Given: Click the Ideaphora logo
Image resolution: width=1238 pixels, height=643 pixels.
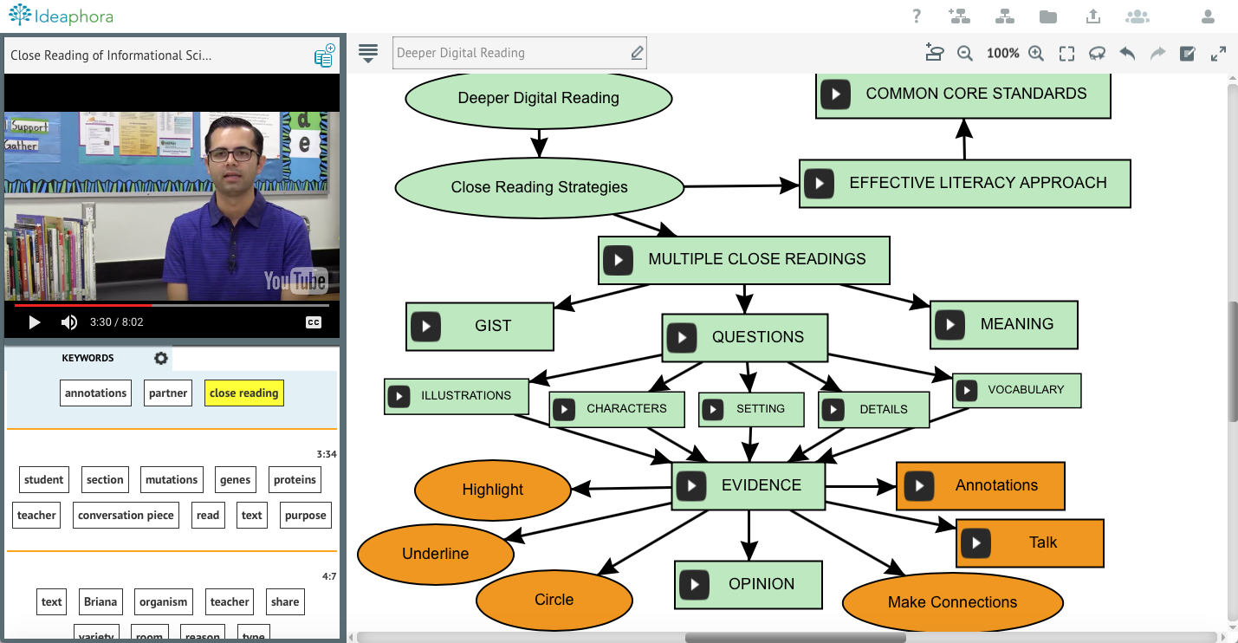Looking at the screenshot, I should tap(61, 16).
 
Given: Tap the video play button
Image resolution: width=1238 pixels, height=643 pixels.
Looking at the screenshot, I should tap(35, 322).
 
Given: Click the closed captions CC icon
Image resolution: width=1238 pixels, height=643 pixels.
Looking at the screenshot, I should tap(314, 322).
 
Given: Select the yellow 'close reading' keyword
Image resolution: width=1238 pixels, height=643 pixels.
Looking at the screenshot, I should tap(243, 393).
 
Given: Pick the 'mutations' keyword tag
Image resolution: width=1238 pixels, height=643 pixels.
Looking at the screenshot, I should tap(172, 479).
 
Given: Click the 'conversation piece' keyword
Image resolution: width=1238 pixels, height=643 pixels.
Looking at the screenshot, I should tap(126, 515).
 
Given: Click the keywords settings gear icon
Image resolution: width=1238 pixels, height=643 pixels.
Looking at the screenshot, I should tap(160, 358).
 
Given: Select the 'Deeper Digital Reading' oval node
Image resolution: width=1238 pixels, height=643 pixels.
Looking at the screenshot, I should tap(538, 98).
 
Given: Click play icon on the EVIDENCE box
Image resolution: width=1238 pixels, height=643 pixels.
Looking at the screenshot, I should tap(691, 485).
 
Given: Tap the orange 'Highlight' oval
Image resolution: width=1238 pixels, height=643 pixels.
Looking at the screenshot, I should tap(492, 490).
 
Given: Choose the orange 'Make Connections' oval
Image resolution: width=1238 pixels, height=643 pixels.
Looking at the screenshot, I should tap(952, 602).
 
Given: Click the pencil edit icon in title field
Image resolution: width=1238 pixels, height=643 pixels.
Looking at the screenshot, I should tap(637, 53).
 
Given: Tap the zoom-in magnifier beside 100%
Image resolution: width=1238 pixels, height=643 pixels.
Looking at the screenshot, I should tap(1036, 54).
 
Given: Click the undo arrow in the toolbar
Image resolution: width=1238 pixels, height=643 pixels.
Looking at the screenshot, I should tap(1127, 54).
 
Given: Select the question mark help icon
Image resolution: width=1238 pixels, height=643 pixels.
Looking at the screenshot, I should tap(917, 16).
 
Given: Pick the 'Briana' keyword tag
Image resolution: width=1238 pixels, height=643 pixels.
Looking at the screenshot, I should tap(100, 601).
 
